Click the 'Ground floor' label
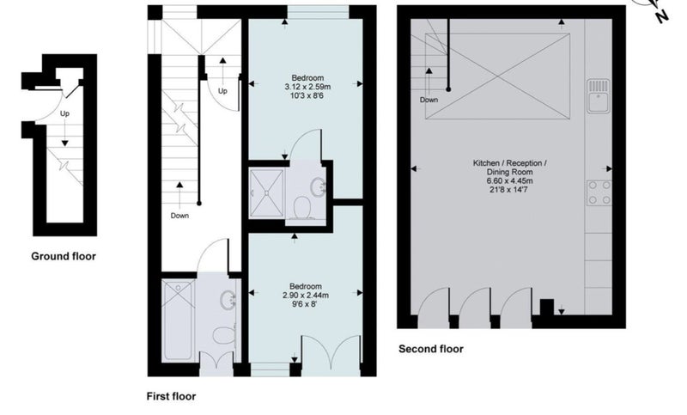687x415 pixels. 64,256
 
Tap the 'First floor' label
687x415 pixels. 171,397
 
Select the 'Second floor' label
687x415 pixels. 431,349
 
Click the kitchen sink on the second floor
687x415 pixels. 599,96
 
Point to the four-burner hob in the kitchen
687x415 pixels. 599,192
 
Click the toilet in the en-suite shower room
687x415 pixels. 302,208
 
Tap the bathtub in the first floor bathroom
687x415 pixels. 179,320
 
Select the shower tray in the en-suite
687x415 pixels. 266,193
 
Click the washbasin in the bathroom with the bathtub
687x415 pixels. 228,301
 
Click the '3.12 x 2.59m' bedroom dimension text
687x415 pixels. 307,87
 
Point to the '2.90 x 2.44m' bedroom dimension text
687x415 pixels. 306,296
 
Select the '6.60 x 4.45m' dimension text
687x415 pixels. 509,181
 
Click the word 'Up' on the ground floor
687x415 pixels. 65,113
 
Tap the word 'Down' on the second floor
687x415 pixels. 429,100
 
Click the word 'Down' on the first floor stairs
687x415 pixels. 179,216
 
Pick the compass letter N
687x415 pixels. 662,16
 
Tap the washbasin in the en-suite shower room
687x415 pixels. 318,187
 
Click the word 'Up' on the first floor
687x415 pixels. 222,91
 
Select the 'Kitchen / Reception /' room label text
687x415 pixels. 509,163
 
